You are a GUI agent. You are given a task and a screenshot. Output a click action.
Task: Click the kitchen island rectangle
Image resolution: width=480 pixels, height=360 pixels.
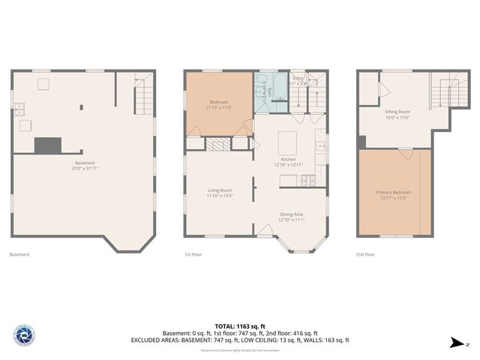pos(288,142)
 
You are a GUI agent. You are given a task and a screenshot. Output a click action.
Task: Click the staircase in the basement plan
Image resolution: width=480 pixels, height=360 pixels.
pos(143,97)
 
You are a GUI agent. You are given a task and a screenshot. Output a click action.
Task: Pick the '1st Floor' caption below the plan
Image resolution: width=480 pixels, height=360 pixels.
pos(194,254)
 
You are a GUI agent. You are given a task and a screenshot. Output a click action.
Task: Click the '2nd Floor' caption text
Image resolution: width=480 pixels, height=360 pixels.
pos(366,254)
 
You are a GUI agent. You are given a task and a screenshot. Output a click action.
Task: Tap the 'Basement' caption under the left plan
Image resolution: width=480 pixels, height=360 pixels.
pos(19,254)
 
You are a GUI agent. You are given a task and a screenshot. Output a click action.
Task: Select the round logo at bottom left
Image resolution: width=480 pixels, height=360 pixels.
pos(24,335)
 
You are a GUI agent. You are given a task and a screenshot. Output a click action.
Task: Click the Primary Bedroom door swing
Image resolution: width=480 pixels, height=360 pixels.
pos(405,154)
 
